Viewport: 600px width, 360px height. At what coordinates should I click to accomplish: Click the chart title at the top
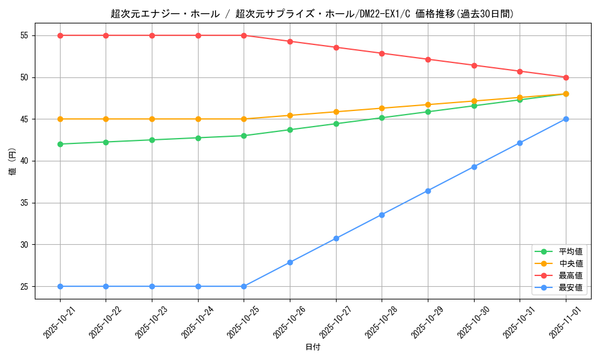(x=313, y=14)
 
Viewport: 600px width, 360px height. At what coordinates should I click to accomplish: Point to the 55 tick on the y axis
(x=25, y=35)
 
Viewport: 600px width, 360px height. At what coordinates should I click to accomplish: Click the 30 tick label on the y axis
(x=25, y=245)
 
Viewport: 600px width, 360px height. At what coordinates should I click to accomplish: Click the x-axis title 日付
(x=313, y=347)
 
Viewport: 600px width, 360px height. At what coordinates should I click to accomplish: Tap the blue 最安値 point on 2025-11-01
(x=566, y=119)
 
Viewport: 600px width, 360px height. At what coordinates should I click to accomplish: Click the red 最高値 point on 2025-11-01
(x=566, y=77)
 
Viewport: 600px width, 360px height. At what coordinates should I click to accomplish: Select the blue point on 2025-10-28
(x=382, y=215)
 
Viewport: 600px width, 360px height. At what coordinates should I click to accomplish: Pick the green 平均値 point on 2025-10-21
(x=60, y=144)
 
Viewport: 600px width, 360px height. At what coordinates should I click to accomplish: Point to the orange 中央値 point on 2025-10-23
(x=152, y=119)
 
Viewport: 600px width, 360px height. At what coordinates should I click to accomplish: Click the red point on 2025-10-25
(x=244, y=35)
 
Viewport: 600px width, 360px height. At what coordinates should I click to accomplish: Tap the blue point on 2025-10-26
(x=290, y=262)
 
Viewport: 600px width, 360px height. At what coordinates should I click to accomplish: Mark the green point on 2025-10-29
(x=428, y=112)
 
